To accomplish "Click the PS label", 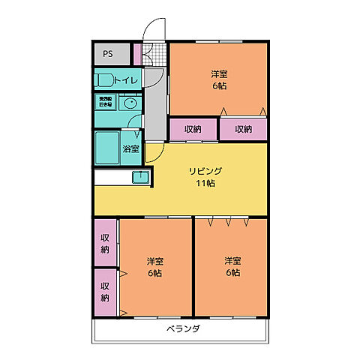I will (x=108, y=54).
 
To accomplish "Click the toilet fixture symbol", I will (x=103, y=79).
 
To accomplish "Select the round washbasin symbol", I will (x=130, y=103).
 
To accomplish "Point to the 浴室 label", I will (x=130, y=148).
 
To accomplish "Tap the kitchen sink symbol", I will (x=141, y=177).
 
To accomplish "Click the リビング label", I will (x=205, y=171).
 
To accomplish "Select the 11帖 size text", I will (x=205, y=183).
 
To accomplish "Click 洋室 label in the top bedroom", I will (x=218, y=74).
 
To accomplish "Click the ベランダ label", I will (x=183, y=329).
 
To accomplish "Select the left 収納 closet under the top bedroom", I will (x=192, y=129).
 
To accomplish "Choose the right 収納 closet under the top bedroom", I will (x=243, y=129).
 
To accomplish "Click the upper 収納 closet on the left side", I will (x=106, y=243).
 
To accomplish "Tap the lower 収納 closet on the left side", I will (x=106, y=292).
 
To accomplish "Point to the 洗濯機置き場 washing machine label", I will (x=103, y=101).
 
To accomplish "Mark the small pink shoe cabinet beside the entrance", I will (x=136, y=54).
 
